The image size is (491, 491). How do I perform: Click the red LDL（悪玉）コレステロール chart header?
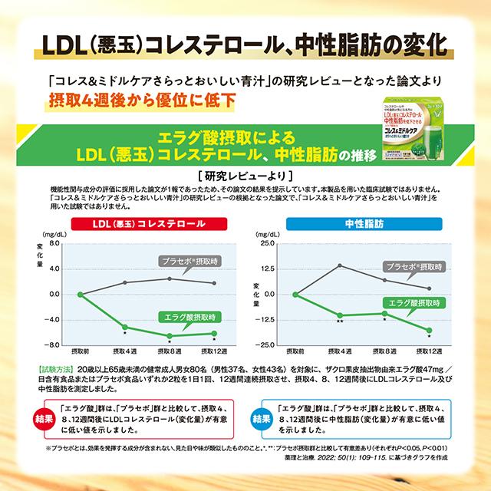[133, 225]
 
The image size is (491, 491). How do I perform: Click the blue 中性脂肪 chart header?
[361, 225]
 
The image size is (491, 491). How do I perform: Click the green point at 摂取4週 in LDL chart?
[125, 327]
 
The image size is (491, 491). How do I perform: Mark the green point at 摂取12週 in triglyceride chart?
[429, 330]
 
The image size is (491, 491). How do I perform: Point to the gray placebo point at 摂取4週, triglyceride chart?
[339, 265]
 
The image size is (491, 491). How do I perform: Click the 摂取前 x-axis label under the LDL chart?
[80, 351]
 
